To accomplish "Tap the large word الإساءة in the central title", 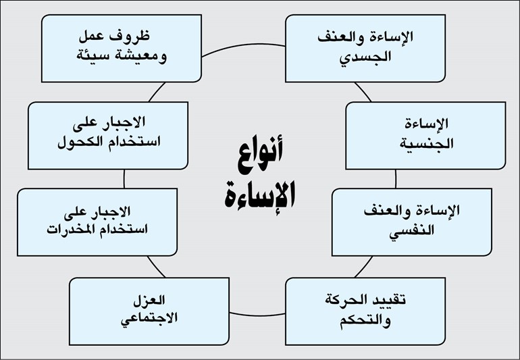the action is pyautogui.click(x=260, y=196).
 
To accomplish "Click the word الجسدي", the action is pyautogui.click(x=365, y=57).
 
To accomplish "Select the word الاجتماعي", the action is pyautogui.click(x=149, y=319).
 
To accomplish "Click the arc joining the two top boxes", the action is pyautogui.click(x=243, y=46).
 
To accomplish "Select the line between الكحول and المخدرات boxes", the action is pyautogui.click(x=124, y=179).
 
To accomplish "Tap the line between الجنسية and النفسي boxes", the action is pyautogui.click(x=395, y=179).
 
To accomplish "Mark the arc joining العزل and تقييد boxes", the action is pyautogui.click(x=257, y=315).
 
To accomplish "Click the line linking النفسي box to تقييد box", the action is pyautogui.click(x=364, y=267).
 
